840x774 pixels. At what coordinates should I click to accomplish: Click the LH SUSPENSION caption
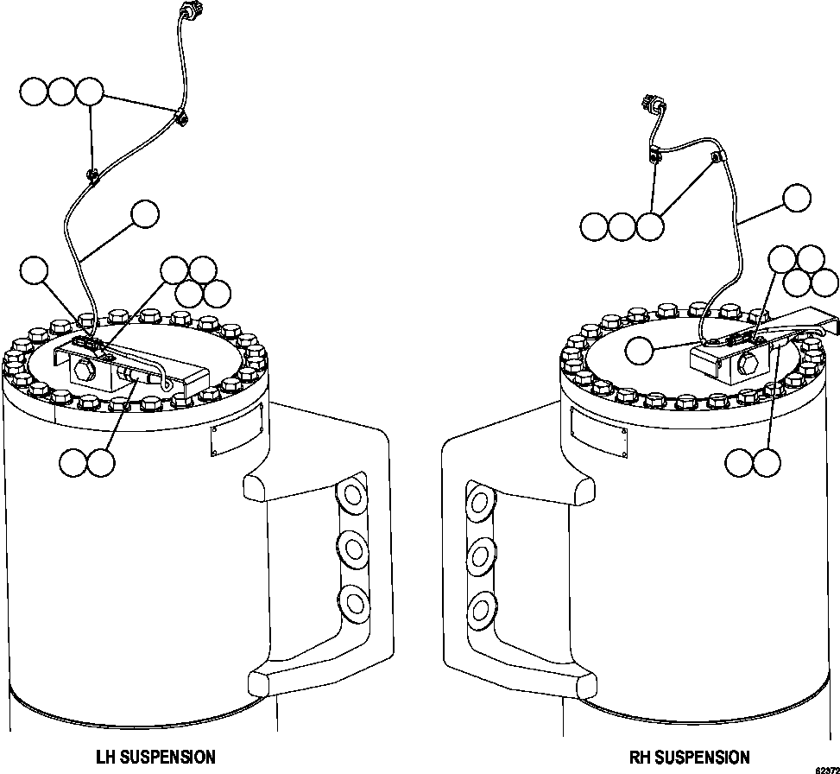(x=155, y=757)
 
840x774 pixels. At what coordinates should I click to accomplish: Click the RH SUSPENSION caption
(x=689, y=757)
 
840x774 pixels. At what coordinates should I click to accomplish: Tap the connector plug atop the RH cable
(x=651, y=102)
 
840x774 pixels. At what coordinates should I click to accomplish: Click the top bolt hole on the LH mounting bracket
(x=352, y=495)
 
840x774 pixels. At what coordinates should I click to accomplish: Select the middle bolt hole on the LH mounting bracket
(x=353, y=549)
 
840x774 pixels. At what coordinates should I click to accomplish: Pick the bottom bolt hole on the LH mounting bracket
(x=354, y=601)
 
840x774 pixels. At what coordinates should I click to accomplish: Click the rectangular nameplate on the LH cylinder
(x=237, y=430)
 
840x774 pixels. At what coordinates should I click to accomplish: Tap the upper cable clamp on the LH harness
(x=180, y=118)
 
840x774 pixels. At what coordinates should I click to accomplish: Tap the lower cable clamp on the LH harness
(x=92, y=175)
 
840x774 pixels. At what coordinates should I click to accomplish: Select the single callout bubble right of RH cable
(x=797, y=198)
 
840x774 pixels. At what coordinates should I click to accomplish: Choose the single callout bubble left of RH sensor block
(x=640, y=351)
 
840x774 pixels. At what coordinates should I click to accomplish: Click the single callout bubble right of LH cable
(x=145, y=214)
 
